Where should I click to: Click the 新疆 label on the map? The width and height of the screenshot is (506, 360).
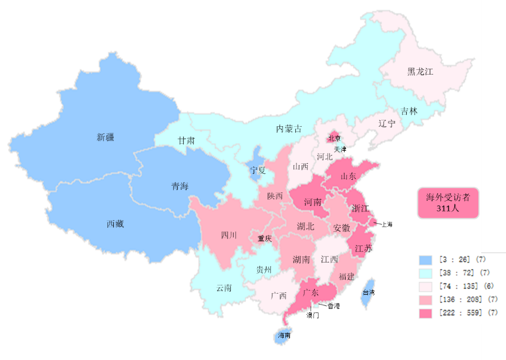(x=106, y=137)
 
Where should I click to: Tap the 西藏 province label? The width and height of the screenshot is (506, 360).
(x=115, y=224)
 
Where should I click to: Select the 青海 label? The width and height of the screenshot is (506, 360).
(x=180, y=187)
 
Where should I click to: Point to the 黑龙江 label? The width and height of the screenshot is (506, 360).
(x=420, y=72)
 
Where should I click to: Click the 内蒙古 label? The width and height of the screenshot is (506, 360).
(x=289, y=128)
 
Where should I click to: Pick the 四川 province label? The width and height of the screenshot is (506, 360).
(x=229, y=235)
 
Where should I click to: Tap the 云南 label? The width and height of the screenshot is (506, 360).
(x=224, y=288)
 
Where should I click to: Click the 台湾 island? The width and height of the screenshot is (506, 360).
(x=368, y=292)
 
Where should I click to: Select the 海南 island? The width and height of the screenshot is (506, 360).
(x=284, y=336)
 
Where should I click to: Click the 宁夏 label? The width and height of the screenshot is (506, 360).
(x=258, y=170)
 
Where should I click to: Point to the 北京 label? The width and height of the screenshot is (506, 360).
(x=334, y=139)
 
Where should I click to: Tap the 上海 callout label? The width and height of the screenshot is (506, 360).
(x=387, y=224)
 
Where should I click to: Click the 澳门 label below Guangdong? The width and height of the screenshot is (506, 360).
(x=313, y=315)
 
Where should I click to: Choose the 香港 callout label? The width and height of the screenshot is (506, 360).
(x=333, y=306)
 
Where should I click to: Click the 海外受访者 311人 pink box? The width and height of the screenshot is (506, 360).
(x=448, y=203)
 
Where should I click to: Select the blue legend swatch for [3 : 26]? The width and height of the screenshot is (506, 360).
(x=425, y=260)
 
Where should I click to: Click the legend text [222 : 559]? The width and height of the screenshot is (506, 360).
(x=460, y=313)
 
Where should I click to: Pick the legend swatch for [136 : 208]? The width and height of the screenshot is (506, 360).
(x=425, y=300)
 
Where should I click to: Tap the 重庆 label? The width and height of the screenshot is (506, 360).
(x=265, y=238)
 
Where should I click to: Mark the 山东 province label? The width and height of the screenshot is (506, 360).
(x=348, y=176)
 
